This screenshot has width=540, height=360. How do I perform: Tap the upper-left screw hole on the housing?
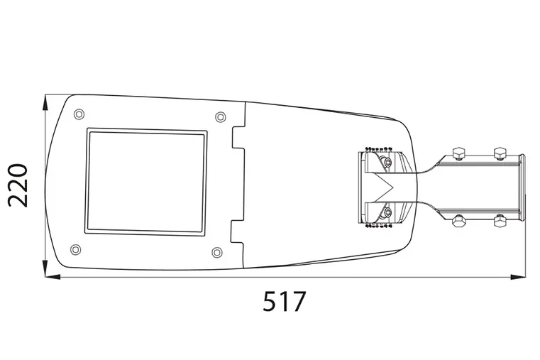[79, 114]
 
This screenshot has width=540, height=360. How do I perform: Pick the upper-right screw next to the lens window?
[220, 116]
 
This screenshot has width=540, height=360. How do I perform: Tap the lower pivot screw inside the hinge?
[387, 212]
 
